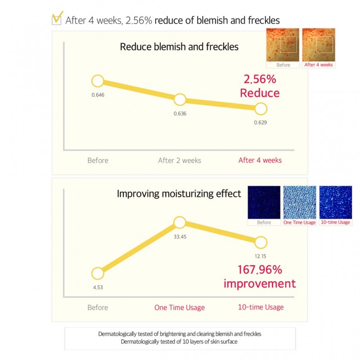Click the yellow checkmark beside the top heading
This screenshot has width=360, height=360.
click(x=57, y=19)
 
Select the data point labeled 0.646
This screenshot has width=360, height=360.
click(x=98, y=81)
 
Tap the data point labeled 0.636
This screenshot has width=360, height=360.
click(x=180, y=100)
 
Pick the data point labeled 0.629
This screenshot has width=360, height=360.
click(x=261, y=109)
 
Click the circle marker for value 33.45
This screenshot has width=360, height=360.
click(x=180, y=222)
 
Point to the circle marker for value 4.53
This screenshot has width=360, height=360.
click(x=98, y=274)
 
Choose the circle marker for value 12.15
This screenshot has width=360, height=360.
click(x=261, y=243)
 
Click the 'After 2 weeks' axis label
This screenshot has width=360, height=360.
click(x=180, y=161)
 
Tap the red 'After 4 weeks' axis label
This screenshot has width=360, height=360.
click(x=260, y=161)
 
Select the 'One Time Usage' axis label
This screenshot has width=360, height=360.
click(x=180, y=308)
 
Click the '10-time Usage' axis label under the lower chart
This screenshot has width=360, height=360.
click(x=261, y=307)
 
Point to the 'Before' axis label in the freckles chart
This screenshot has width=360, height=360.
click(x=98, y=161)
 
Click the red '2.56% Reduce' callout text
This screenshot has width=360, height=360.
click(x=260, y=86)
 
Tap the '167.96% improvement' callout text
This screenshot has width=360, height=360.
click(x=260, y=277)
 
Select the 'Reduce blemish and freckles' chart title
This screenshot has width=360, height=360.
click(x=179, y=47)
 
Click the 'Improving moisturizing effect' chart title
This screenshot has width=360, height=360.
click(x=179, y=194)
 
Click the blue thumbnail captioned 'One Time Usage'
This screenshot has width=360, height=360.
click(x=300, y=202)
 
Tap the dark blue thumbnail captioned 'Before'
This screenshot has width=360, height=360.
click(x=264, y=202)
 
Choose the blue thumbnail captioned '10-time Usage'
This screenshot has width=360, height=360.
click(x=335, y=202)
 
